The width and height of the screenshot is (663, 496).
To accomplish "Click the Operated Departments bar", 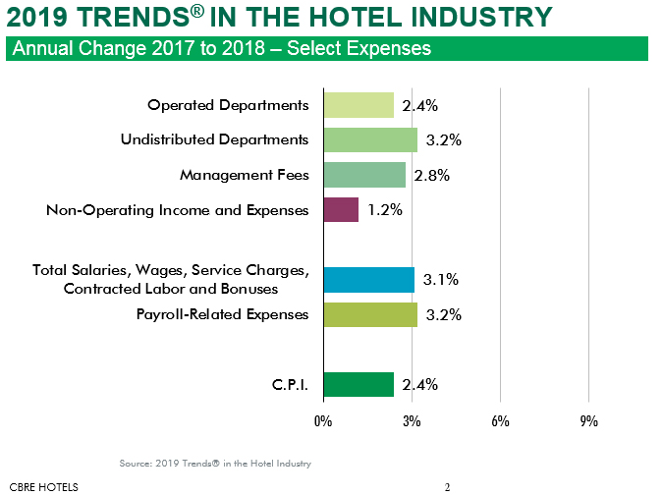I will pyautogui.click(x=359, y=105).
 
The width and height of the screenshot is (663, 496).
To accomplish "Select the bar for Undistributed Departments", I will pyautogui.click(x=370, y=139).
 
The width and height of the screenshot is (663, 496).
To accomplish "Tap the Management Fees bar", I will pyautogui.click(x=364, y=175).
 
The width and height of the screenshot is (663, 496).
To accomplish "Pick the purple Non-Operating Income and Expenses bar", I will pyautogui.click(x=341, y=209).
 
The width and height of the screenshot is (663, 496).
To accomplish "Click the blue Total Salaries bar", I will pyautogui.click(x=368, y=280).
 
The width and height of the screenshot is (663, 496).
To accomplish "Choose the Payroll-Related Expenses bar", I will pyautogui.click(x=370, y=314).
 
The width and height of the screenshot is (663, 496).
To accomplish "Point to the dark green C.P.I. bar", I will pyautogui.click(x=359, y=384).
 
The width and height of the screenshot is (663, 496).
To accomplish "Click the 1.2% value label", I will pyautogui.click(x=384, y=209).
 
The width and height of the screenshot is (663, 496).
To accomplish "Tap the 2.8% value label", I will pyautogui.click(x=431, y=175).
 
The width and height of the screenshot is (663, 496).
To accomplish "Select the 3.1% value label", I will pyautogui.click(x=441, y=280).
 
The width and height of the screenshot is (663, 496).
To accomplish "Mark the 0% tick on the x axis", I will pyautogui.click(x=323, y=421).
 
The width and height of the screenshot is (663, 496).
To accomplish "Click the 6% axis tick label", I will pyautogui.click(x=500, y=421).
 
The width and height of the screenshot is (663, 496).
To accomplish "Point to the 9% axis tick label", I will pyautogui.click(x=588, y=421).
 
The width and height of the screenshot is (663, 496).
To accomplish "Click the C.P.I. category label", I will pyautogui.click(x=291, y=384).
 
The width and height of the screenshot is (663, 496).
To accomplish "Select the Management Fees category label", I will pyautogui.click(x=245, y=175).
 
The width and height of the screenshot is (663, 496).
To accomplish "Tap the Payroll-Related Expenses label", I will pyautogui.click(x=223, y=314).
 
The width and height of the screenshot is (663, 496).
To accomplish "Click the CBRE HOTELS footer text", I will pyautogui.click(x=43, y=486).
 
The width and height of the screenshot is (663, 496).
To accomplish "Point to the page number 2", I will pyautogui.click(x=447, y=486).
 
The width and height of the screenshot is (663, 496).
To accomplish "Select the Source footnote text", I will pyautogui.click(x=215, y=463).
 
